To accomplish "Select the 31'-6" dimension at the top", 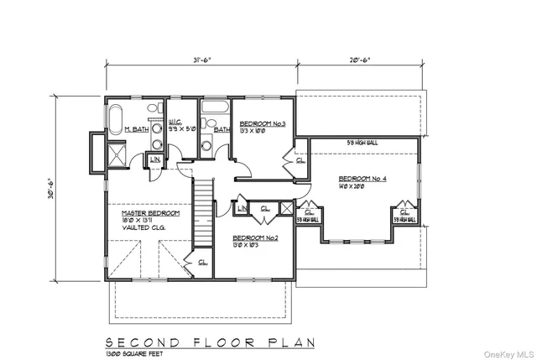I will pyautogui.click(x=201, y=60).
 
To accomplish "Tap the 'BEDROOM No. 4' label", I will pyautogui.click(x=362, y=178).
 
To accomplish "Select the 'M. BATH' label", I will pyautogui.click(x=137, y=129).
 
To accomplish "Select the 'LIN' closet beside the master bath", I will pyautogui.click(x=155, y=159).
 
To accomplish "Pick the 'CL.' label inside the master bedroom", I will pyautogui.click(x=201, y=262).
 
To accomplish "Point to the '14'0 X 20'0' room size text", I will pyautogui.click(x=361, y=186).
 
